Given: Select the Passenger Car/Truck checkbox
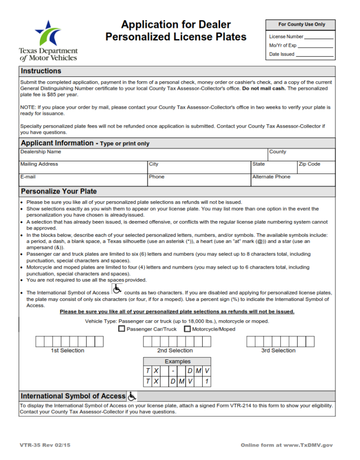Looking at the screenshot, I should (121, 329).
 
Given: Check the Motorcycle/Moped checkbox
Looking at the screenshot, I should (187, 329).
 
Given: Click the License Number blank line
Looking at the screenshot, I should (319, 37).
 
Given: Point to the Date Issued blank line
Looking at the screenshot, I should (315, 54).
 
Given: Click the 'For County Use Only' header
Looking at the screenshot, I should (301, 25).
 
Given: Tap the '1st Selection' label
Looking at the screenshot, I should (67, 350).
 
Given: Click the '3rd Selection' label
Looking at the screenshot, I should (278, 350).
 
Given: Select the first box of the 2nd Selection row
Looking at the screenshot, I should (147, 341).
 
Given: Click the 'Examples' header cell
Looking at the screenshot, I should (178, 362).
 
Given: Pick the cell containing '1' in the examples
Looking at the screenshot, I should (206, 381).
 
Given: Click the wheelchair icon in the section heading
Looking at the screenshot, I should (132, 396).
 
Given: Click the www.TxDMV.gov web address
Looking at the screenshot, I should (310, 445).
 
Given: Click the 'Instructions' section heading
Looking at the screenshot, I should (41, 71).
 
